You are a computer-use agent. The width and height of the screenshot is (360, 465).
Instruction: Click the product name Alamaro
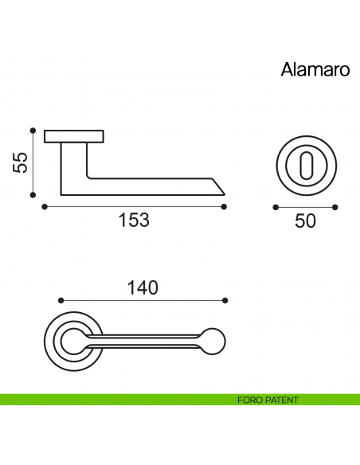(315, 69)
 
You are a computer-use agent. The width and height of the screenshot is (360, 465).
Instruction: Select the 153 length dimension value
(134, 221)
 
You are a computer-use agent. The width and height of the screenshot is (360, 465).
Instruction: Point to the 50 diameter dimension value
(305, 221)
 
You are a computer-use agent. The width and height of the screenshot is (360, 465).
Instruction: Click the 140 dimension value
(143, 287)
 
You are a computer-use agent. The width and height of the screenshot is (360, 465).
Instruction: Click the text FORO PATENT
(268, 400)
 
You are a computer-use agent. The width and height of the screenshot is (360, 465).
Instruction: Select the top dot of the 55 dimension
(33, 130)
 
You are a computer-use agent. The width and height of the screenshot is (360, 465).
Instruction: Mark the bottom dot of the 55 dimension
(33, 193)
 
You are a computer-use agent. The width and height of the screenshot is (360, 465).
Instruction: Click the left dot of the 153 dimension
(43, 207)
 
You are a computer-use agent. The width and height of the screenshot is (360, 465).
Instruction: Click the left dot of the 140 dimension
(61, 300)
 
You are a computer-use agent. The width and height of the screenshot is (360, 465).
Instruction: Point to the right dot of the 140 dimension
(225, 300)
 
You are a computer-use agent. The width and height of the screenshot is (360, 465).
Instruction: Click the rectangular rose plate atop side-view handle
(74, 136)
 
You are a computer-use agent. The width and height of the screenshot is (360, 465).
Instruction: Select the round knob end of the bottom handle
(213, 340)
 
